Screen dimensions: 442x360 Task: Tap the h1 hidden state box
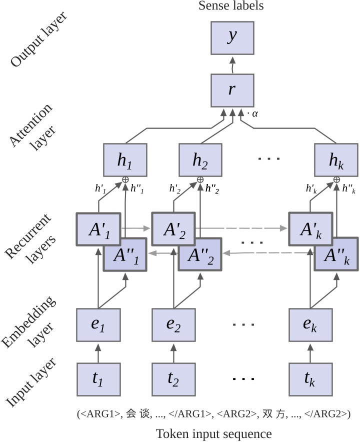125,160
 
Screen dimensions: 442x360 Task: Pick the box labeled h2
200,160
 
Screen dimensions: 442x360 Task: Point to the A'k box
310,229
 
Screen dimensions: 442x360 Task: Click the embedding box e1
98,324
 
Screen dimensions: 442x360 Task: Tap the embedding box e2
173,324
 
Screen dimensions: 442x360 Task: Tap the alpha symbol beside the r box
254,114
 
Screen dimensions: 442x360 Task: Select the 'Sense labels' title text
230,6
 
